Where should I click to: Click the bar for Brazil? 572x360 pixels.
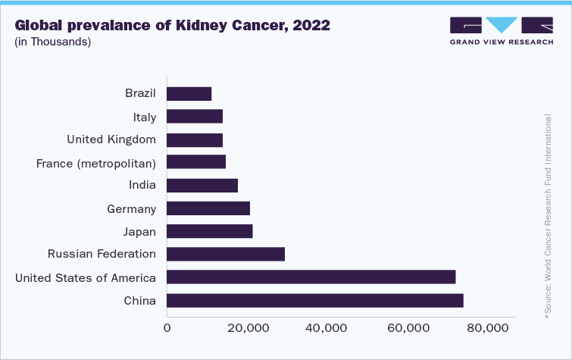click(x=189, y=94)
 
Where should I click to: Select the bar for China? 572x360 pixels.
click(x=314, y=301)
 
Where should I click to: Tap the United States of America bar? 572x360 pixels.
click(x=311, y=277)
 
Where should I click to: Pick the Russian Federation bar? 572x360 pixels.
click(x=225, y=255)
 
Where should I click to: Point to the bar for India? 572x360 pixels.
click(x=202, y=186)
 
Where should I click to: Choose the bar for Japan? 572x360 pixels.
click(x=209, y=232)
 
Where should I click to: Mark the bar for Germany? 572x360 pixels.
click(x=208, y=208)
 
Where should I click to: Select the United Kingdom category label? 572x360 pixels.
click(x=111, y=139)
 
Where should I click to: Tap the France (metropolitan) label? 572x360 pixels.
click(x=96, y=163)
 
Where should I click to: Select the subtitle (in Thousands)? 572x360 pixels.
click(x=53, y=42)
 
